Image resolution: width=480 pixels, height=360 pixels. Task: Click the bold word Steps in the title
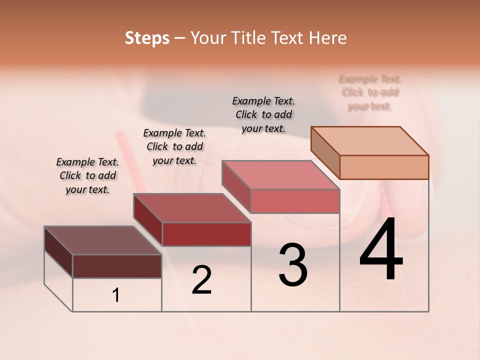(x=147, y=38)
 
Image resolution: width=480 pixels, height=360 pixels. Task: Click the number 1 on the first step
(x=116, y=295)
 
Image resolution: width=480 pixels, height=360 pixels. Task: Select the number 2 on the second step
(x=201, y=280)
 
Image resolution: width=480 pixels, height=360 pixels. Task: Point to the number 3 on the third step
(x=293, y=265)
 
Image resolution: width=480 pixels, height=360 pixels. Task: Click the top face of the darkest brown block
(x=102, y=240)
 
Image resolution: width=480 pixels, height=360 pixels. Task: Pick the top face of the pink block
(x=280, y=175)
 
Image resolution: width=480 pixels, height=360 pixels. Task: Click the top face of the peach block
(x=370, y=141)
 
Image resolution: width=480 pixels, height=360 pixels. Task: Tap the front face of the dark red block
(x=206, y=234)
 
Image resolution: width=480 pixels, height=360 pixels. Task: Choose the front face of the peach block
(x=384, y=167)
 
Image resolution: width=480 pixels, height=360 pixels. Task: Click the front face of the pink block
(x=295, y=201)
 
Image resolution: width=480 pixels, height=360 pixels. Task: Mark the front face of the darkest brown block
(x=117, y=266)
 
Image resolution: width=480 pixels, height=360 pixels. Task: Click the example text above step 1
(x=87, y=176)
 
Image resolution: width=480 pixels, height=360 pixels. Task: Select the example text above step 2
(x=174, y=147)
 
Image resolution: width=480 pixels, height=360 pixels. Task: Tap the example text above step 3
(x=263, y=114)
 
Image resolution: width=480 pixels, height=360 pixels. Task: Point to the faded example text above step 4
(x=370, y=92)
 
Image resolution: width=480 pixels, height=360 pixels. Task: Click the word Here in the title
(x=329, y=38)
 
